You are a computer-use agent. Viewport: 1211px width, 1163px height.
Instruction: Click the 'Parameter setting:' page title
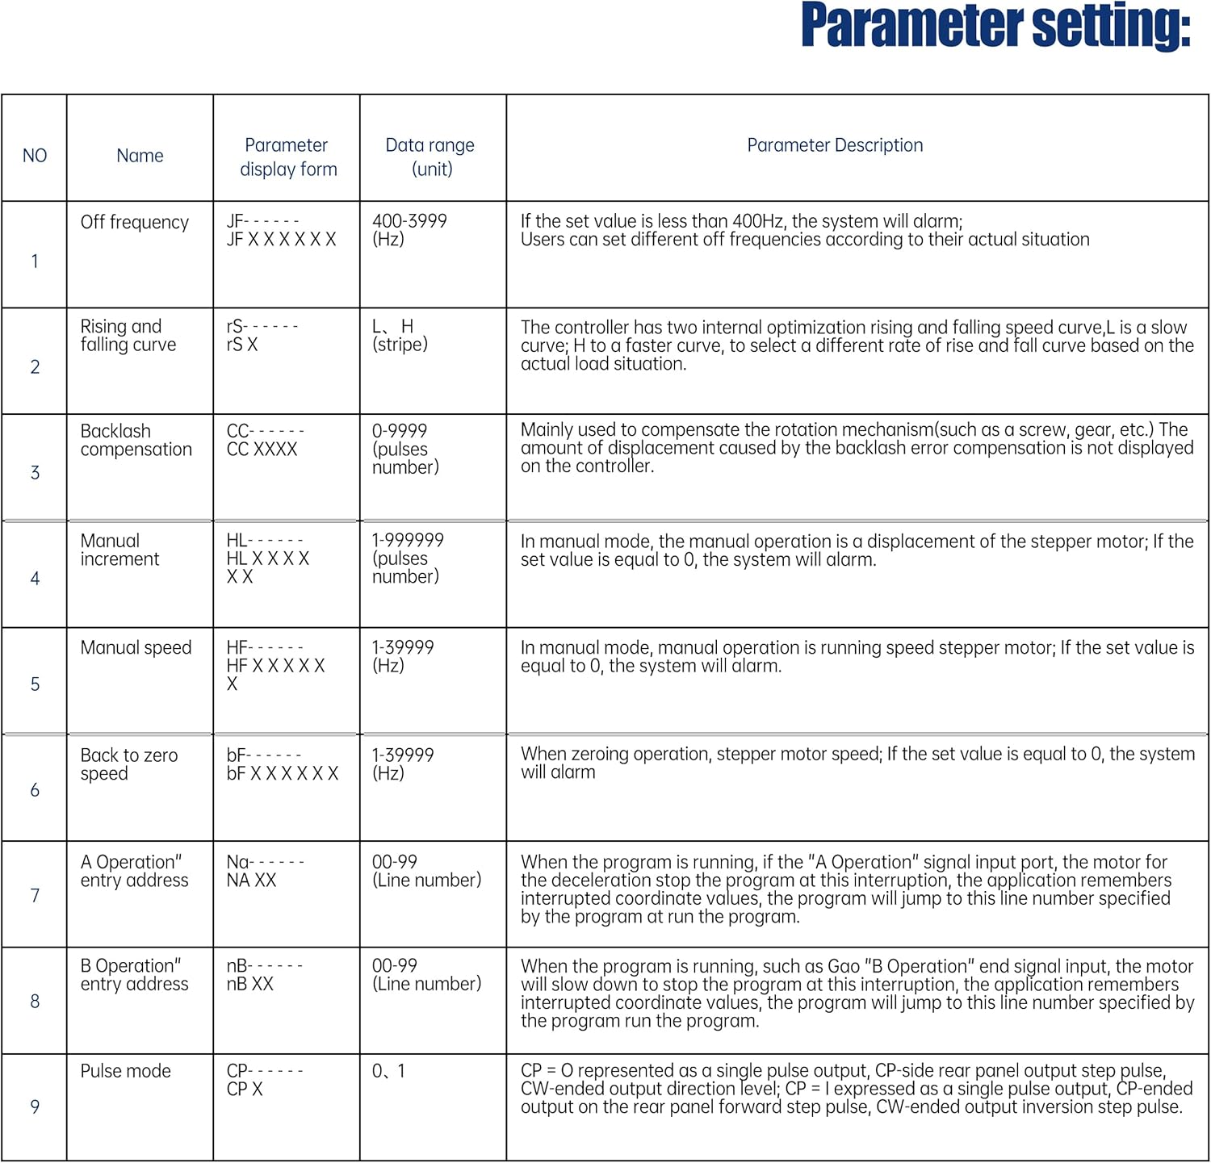tap(995, 26)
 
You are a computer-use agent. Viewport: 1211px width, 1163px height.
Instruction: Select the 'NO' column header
tap(35, 156)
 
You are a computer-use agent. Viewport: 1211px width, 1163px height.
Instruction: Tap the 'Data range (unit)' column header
tap(430, 157)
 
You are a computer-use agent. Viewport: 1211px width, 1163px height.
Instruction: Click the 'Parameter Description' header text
tap(835, 145)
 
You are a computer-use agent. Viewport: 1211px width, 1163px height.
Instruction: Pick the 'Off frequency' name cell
tap(135, 222)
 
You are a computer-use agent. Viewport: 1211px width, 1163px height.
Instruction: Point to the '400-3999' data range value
tap(409, 221)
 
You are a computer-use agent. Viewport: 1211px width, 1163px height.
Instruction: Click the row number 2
tap(35, 367)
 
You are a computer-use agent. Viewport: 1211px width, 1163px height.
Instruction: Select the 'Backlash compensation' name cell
tap(136, 441)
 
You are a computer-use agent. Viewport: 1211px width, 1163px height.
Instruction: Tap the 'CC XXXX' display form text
tap(262, 450)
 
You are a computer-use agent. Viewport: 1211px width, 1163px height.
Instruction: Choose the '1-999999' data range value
tap(408, 540)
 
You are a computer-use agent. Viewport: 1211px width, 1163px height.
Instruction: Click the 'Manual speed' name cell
tap(136, 647)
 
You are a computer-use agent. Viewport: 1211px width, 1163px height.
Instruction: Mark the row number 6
tap(35, 790)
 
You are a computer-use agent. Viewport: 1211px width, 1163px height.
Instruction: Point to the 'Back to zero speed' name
tap(128, 764)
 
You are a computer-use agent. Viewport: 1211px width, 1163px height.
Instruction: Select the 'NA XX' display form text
tap(251, 881)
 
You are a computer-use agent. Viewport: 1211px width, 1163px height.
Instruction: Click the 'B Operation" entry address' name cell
tap(134, 975)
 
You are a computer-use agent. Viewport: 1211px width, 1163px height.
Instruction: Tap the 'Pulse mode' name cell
tap(125, 1071)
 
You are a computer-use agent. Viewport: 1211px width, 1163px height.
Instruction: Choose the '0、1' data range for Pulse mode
tap(388, 1071)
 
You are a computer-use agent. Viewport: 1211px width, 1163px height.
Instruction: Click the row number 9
tap(35, 1107)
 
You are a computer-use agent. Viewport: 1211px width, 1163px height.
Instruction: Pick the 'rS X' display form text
tap(241, 345)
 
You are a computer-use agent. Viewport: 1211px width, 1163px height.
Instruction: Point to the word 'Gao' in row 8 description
tap(844, 966)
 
